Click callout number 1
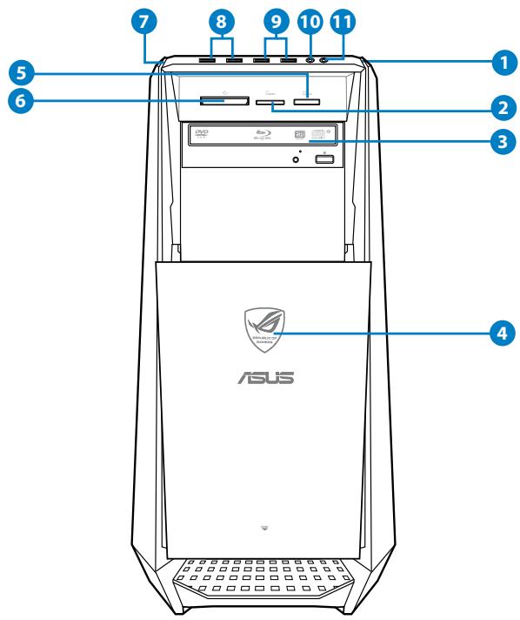click(x=499, y=62)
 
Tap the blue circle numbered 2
click(x=499, y=109)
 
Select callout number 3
click(x=499, y=143)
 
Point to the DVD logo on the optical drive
click(x=203, y=134)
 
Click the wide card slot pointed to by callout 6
click(x=222, y=102)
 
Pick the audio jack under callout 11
click(x=325, y=60)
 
